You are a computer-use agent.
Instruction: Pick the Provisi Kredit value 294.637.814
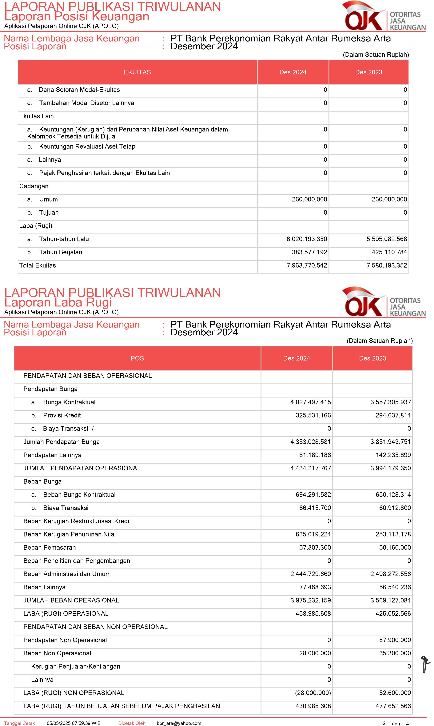[x=393, y=415]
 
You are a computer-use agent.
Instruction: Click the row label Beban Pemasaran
[x=50, y=547]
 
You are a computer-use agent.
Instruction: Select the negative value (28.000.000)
[x=313, y=693]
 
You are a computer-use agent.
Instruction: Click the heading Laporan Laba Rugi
[x=58, y=302]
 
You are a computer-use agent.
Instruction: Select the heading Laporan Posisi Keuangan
[x=77, y=16]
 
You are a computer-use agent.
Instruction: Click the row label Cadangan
[x=34, y=186]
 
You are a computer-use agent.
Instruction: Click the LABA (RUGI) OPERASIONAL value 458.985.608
[x=313, y=613]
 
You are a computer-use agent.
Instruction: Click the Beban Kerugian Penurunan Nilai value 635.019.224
[x=313, y=534]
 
